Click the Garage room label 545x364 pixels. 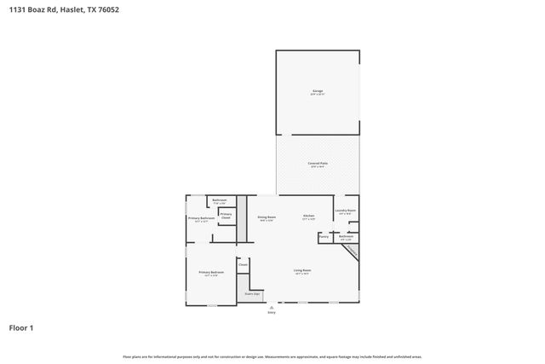click(318, 92)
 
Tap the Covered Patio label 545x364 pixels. click(318, 164)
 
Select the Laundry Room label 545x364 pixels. click(346, 211)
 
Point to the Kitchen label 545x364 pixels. click(309, 217)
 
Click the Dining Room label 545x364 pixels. click(266, 218)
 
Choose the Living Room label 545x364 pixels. click(302, 271)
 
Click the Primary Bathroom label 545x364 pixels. click(202, 219)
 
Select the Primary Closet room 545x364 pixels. click(226, 216)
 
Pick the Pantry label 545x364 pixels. click(324, 236)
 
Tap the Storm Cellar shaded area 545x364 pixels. click(252, 294)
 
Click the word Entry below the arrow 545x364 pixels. click(272, 313)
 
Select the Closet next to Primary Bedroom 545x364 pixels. click(243, 265)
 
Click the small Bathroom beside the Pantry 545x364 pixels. click(346, 237)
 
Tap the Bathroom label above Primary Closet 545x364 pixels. click(219, 201)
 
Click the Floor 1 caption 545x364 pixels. click(21, 327)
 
